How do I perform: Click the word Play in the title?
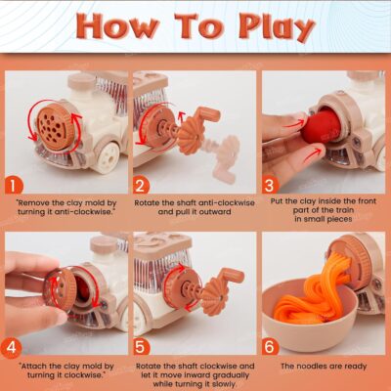coord(276,27)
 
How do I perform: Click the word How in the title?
coord(117,25)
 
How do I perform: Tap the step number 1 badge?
coord(14,186)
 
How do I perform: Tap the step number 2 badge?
coord(141,186)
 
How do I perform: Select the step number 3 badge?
coord(270,186)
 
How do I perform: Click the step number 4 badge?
coord(12,347)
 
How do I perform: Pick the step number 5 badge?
coord(141,347)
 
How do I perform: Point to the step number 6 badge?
coord(270,347)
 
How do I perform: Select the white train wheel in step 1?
coord(108,157)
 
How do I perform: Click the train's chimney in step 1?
coord(80,88)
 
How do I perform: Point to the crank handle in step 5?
coord(231,278)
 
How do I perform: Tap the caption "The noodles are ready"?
coord(324,367)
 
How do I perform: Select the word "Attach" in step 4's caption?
coord(33,366)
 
